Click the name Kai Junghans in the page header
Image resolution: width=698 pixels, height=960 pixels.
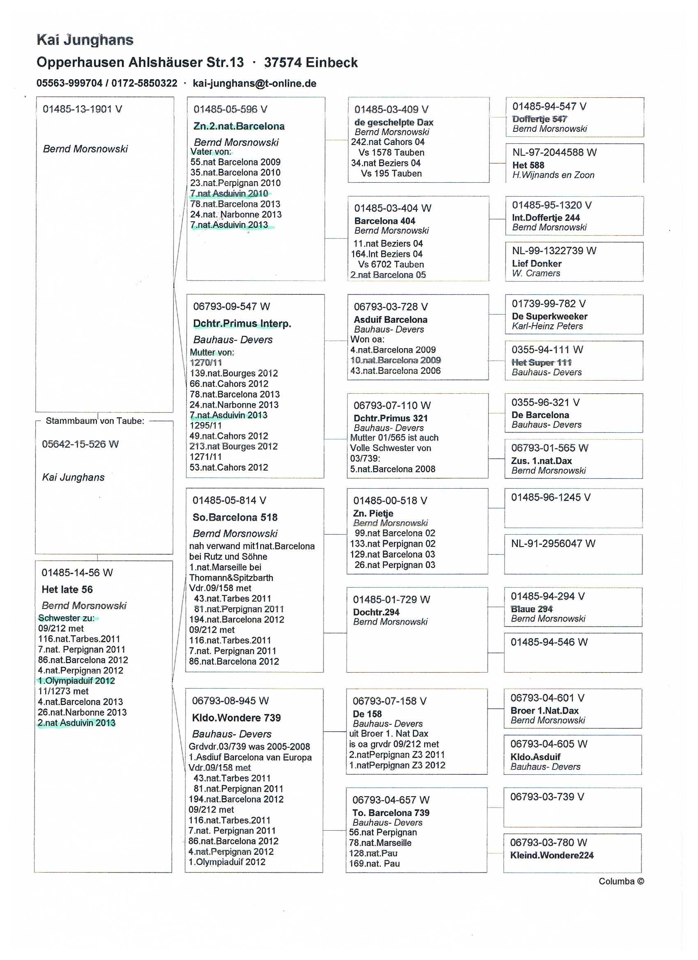coord(85,40)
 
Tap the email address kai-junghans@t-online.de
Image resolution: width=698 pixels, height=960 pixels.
coord(255,83)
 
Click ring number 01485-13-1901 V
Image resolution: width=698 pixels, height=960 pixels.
coord(82,109)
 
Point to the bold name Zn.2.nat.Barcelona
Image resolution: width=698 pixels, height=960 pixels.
coord(239,126)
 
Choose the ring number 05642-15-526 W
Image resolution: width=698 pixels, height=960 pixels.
coord(80,444)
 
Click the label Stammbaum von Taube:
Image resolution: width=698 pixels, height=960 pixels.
coord(95,421)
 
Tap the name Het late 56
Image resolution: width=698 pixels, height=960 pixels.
coord(67,589)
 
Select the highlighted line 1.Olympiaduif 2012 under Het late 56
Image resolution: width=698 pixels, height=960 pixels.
coord(76,681)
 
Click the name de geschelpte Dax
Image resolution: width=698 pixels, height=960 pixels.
coord(394,122)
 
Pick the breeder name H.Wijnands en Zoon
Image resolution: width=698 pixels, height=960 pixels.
coord(553,175)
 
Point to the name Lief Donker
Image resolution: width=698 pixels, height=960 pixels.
coord(537,263)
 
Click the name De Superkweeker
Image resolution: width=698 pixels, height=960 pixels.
coord(549,316)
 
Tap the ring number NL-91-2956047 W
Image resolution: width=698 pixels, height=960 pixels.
coord(553,544)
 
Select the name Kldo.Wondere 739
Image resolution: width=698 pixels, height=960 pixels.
coord(236,718)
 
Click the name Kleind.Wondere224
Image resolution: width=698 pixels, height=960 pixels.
coord(551,855)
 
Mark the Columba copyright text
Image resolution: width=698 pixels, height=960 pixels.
coord(621,881)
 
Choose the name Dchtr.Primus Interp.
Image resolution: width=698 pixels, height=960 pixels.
coord(242,324)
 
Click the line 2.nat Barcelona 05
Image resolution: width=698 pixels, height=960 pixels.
coord(388,275)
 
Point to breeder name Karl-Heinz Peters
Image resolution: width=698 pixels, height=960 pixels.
coord(547,326)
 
